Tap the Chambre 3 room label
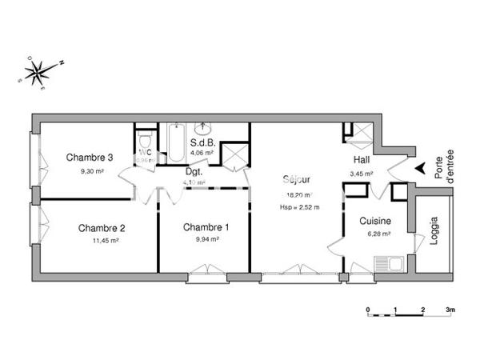click(89, 157)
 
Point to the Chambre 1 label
click(206, 227)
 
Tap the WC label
click(146, 151)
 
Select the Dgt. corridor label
click(194, 170)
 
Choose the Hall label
click(361, 160)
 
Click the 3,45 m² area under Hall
click(362, 172)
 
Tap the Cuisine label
click(374, 222)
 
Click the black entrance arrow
click(418, 168)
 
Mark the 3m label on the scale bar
click(450, 309)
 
